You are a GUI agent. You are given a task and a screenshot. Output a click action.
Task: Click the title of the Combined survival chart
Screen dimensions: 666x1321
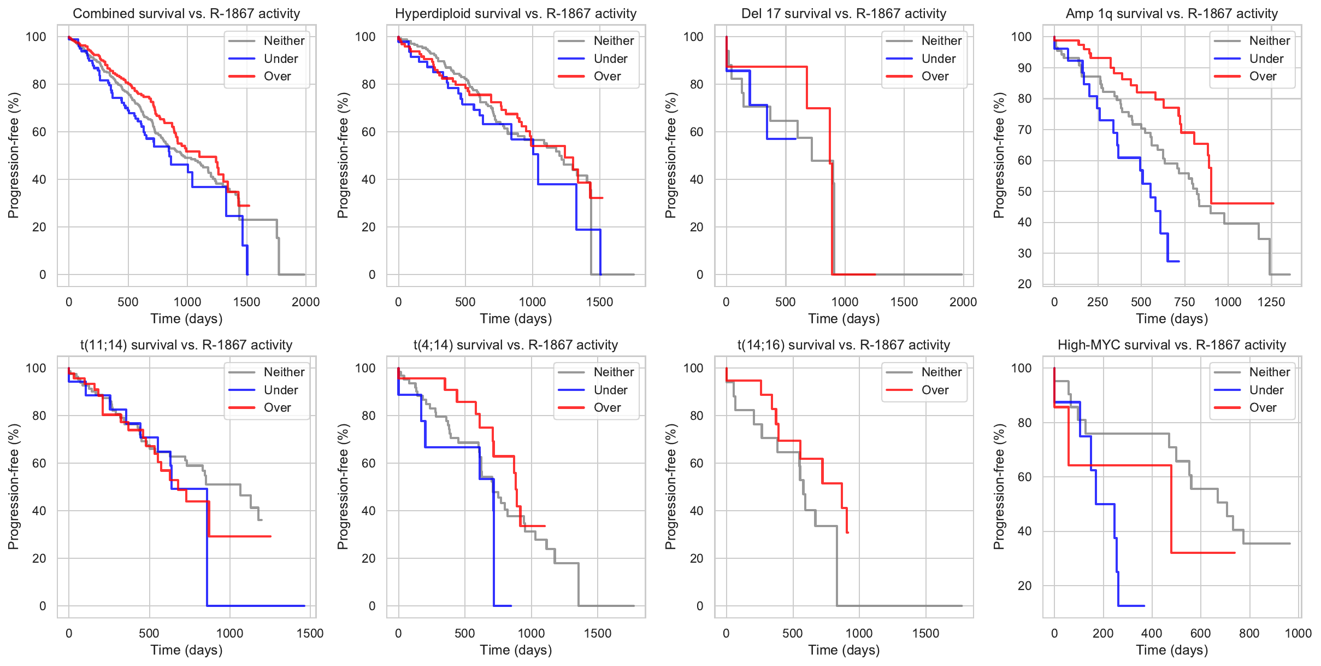[x=186, y=14]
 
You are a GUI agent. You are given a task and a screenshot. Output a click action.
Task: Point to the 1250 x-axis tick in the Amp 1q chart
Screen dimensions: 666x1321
[x=1271, y=302]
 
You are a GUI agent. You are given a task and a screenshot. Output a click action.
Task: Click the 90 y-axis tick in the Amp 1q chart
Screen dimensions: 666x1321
[x=1021, y=68]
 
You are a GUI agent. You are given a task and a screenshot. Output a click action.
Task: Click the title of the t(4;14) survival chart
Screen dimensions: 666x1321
[x=515, y=345]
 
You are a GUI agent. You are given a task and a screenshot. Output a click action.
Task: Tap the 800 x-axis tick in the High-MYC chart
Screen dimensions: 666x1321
[x=1249, y=633]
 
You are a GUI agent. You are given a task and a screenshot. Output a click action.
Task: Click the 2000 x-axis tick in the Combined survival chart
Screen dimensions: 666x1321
[x=305, y=302]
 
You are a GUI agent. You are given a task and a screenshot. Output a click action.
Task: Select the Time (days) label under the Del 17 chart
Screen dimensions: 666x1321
[x=844, y=319]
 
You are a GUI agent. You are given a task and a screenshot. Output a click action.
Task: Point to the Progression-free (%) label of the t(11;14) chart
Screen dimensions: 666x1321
[x=13, y=487]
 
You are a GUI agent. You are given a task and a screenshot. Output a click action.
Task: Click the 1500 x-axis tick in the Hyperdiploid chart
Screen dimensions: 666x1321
[x=599, y=302]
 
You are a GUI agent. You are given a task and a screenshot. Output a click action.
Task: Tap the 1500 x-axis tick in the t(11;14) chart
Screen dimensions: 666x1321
[x=310, y=633]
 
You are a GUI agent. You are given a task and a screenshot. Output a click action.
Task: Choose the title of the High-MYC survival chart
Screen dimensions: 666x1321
[x=1172, y=345]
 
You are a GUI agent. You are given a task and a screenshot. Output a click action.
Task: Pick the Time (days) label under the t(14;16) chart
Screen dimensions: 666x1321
[x=844, y=650]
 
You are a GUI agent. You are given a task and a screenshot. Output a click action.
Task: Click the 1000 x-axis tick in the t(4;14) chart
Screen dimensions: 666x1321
[x=531, y=633]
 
